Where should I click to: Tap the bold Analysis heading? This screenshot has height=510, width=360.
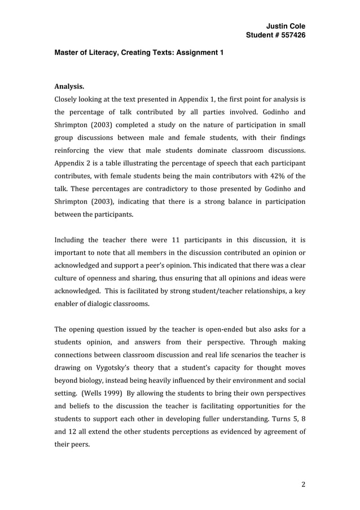[69, 87]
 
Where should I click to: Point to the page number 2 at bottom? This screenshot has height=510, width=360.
[303, 483]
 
